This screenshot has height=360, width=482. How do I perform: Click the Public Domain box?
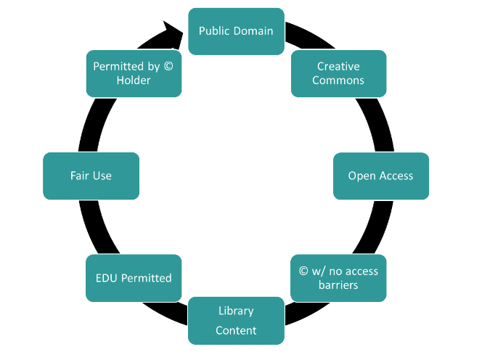(x=236, y=31)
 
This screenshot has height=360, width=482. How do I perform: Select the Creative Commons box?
(x=338, y=73)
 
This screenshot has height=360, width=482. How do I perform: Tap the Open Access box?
(x=380, y=176)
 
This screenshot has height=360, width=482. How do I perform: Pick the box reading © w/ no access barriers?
(x=338, y=278)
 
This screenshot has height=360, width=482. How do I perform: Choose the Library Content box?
(x=236, y=320)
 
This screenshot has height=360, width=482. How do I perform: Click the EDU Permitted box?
(x=134, y=278)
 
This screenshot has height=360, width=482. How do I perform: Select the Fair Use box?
(x=91, y=176)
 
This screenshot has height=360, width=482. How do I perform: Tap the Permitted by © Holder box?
(x=134, y=73)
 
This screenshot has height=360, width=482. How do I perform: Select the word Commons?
(x=338, y=81)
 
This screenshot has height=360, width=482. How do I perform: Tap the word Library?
(x=236, y=311)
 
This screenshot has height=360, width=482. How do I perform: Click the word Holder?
(x=134, y=81)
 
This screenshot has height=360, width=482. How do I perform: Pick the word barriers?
(x=338, y=285)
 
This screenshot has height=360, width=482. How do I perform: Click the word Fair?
(x=80, y=176)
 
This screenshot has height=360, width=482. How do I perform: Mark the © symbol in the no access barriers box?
(x=303, y=271)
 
